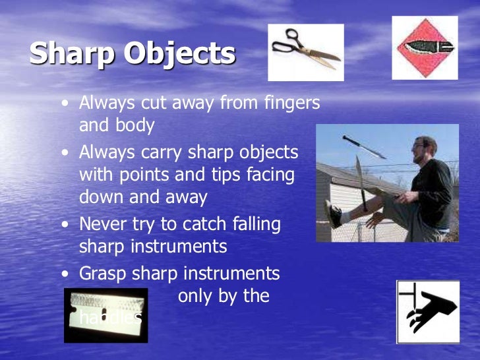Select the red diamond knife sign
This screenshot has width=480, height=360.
425,47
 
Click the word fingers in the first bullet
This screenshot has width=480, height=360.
287,104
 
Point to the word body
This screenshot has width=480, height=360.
136,125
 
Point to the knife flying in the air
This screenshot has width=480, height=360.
364,146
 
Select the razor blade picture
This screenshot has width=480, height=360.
105,315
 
